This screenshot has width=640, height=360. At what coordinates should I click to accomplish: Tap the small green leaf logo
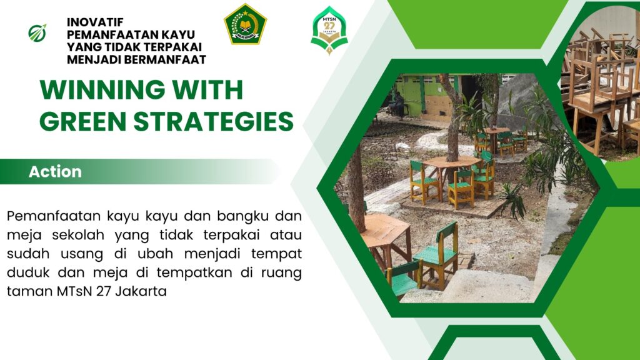(x=37, y=33)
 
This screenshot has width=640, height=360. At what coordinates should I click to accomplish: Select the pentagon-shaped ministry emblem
(x=245, y=24)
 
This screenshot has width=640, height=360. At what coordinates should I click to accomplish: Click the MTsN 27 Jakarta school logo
(x=329, y=30)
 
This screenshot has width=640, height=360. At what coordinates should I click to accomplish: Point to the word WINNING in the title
(x=102, y=90)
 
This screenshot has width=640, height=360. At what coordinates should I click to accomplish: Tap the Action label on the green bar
(x=55, y=172)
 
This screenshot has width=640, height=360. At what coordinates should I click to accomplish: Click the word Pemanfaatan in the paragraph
(x=54, y=216)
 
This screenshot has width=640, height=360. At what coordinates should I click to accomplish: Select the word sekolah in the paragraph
(x=78, y=235)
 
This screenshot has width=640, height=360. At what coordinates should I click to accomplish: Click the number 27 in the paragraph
(x=104, y=291)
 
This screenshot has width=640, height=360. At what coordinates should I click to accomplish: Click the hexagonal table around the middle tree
(x=452, y=162)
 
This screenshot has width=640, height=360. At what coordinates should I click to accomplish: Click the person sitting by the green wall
(x=398, y=104)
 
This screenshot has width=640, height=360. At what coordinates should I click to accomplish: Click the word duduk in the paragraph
(x=28, y=272)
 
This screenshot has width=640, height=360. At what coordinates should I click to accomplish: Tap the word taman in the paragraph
(x=29, y=291)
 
